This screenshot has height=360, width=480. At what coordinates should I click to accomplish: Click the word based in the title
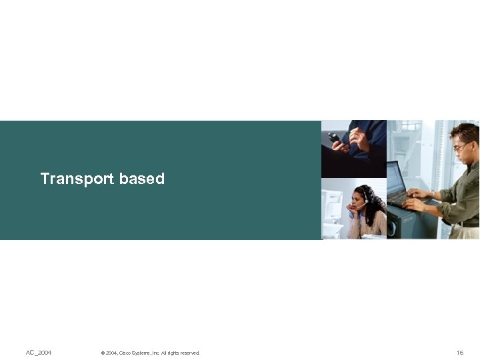click(142, 179)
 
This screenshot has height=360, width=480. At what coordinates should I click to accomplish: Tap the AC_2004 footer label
click(39, 352)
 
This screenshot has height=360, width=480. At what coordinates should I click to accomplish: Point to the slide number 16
click(460, 352)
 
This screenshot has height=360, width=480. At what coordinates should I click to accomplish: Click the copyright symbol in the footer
click(103, 353)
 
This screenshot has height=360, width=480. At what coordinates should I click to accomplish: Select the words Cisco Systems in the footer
click(134, 353)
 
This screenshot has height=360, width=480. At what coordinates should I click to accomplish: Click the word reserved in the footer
click(189, 353)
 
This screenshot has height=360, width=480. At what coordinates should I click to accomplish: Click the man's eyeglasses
click(461, 147)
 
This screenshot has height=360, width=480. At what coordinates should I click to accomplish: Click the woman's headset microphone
click(359, 207)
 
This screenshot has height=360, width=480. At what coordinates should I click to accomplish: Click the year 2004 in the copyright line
click(111, 353)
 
